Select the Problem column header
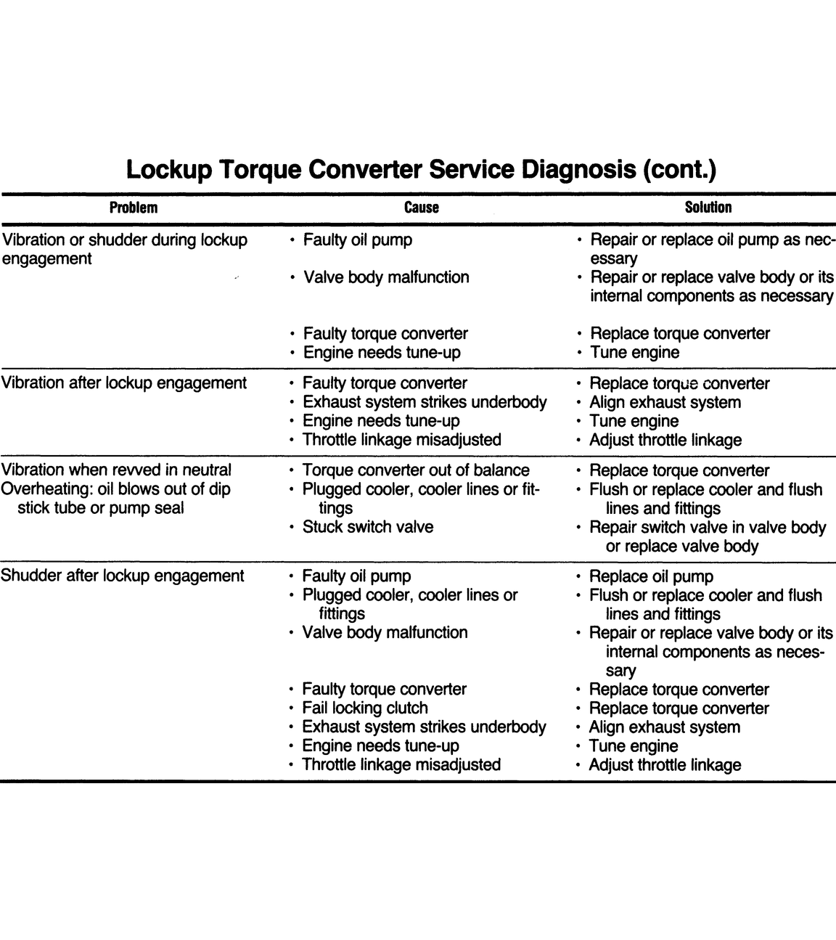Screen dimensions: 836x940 pos(133,208)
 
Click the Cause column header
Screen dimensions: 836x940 pos(422,208)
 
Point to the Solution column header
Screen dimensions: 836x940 pos(708,208)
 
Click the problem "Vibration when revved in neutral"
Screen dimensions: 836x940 pos(116,470)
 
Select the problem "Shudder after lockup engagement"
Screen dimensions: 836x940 pos(122,576)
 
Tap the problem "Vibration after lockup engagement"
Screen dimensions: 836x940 pos(123,383)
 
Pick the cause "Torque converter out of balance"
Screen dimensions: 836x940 pos(416,470)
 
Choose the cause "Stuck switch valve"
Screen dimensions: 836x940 pos(367,527)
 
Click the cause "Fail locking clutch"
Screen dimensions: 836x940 pos(365,708)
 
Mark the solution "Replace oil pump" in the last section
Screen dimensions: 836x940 pos(651,577)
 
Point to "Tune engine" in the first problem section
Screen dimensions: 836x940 pos(635,353)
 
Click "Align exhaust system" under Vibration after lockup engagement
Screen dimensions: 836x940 pos(665,403)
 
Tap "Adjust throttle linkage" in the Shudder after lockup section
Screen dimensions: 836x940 pos(665,765)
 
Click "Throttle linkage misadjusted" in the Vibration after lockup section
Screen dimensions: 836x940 pos(401,440)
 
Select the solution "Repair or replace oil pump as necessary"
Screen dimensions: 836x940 pos(711,249)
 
